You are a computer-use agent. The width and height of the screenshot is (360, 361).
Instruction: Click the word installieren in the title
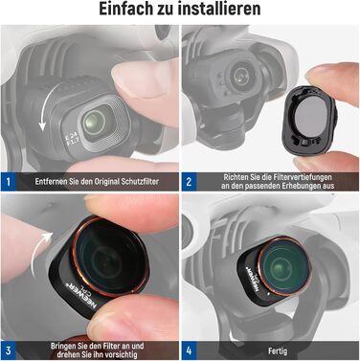(221, 10)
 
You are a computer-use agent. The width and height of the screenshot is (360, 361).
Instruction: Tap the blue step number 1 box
(9, 180)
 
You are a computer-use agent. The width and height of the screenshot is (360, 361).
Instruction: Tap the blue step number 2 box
(189, 180)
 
